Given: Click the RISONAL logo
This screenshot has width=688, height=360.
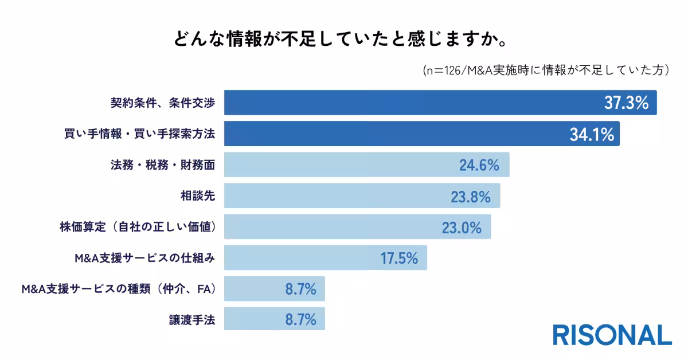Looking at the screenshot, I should tap(612, 335).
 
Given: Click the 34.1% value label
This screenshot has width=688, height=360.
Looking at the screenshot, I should tap(592, 134).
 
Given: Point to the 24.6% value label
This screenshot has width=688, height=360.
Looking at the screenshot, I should tap(479, 166).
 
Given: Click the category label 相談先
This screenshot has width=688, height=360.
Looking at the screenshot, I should tap(198, 196).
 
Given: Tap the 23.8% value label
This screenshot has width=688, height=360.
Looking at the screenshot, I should tap(470, 197).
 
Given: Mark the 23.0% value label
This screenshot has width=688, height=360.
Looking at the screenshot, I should tap(460, 228).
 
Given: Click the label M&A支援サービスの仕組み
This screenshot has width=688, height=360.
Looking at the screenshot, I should tap(145, 258).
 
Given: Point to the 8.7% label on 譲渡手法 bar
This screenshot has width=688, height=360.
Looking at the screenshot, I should tap(300, 320).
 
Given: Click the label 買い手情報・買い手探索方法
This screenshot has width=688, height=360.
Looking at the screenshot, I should tap(139, 134).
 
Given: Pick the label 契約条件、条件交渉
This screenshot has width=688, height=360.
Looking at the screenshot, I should tap(163, 103).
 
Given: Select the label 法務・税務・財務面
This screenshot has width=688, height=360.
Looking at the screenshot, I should tap(162, 165).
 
